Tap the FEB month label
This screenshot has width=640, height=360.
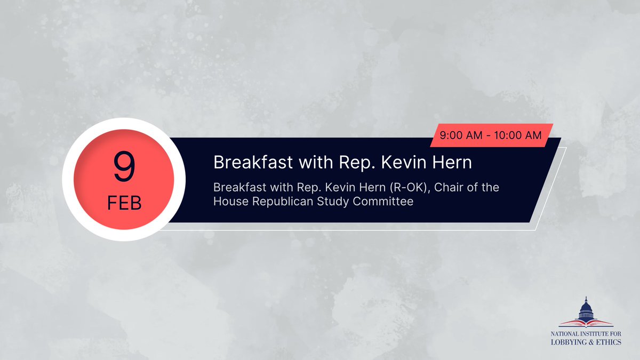(124, 204)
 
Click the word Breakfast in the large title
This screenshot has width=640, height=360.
(249, 162)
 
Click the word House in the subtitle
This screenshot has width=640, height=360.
(230, 202)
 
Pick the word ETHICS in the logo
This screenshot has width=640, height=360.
(609, 342)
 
